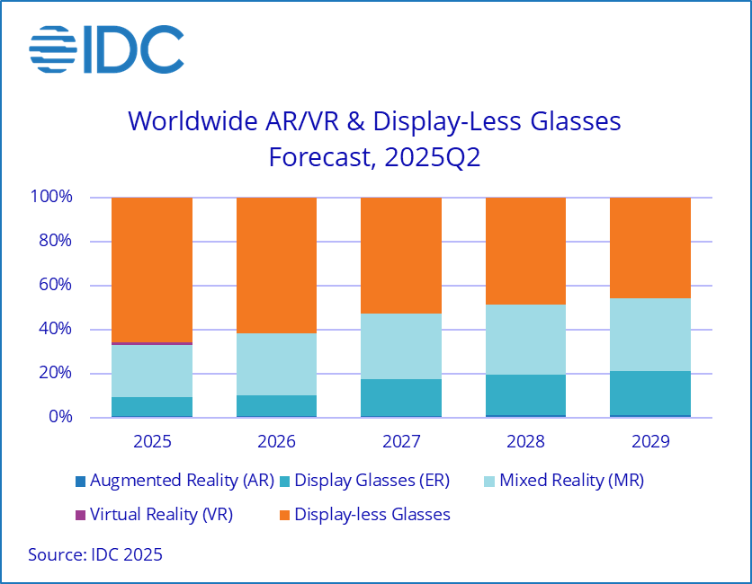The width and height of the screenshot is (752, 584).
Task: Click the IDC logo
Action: [x=106, y=49]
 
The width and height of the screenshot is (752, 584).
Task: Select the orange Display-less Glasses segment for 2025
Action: [x=152, y=270]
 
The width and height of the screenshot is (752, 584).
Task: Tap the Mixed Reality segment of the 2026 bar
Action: [x=276, y=364]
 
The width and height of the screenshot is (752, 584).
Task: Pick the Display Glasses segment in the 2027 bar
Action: [x=401, y=397]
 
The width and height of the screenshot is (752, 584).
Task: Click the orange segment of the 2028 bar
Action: [x=525, y=251]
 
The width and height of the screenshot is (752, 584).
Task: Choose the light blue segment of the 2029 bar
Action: [x=649, y=334]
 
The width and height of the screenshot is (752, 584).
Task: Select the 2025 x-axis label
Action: [x=152, y=443]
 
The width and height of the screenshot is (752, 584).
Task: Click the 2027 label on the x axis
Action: [x=401, y=443]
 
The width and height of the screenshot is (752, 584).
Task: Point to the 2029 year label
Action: [x=649, y=443]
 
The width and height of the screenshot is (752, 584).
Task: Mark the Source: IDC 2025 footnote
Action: [x=95, y=554]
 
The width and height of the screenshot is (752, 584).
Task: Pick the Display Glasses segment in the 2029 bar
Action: [x=649, y=394]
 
